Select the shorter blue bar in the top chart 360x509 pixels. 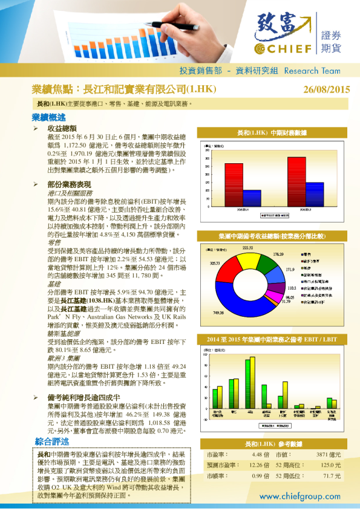pos(252,199)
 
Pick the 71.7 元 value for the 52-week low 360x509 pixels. pos(332,476)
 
